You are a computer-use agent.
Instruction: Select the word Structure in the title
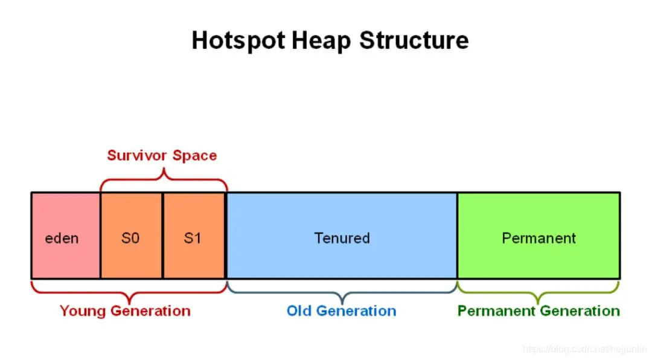coord(414,41)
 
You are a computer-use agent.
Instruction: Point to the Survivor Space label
coord(162,155)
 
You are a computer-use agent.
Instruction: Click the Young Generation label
coord(125,311)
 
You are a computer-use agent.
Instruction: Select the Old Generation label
coord(341,311)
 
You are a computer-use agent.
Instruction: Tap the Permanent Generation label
coord(539,311)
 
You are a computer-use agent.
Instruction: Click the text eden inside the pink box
coord(62,238)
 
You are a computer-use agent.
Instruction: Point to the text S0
coord(130,238)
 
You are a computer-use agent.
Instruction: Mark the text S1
coord(193,238)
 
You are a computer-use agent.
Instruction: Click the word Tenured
coord(342,238)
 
